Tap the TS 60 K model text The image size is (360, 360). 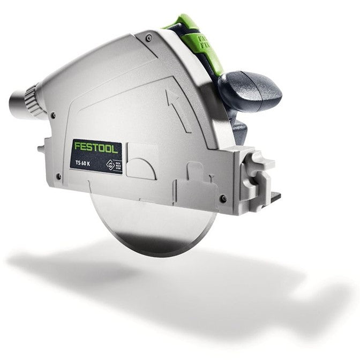(84, 162)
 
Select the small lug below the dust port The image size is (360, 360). (42, 146)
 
